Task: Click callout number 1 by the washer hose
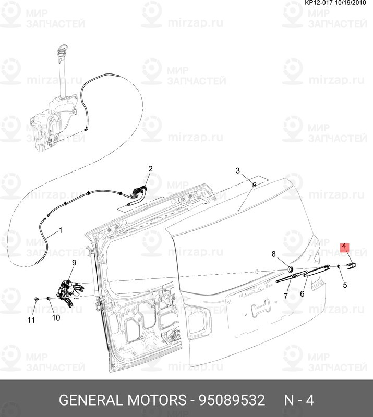point(60,229)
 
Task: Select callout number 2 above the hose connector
point(150,169)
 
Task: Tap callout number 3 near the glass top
point(237,171)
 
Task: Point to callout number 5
point(345,285)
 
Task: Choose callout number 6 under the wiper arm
point(302,293)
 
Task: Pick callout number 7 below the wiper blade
point(285,296)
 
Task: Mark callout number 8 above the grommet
point(273,254)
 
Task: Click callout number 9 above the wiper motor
point(74,263)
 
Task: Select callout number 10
point(55,317)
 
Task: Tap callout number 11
point(31,320)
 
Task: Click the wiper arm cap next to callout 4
point(350,266)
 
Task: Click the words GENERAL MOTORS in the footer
point(123,400)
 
